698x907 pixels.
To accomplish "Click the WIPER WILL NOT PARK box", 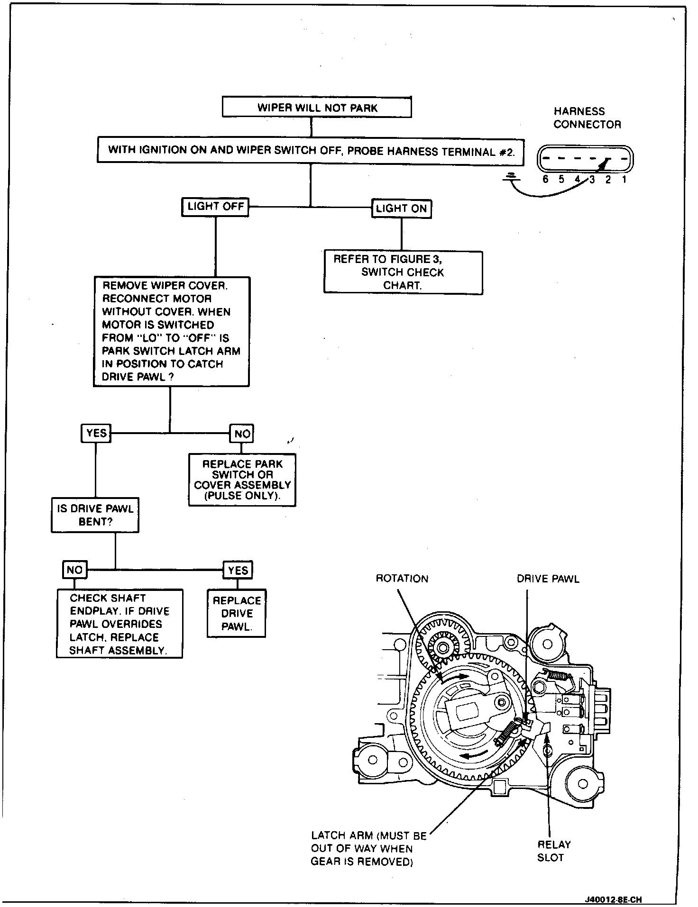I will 317,107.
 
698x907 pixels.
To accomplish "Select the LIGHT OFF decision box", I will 215,207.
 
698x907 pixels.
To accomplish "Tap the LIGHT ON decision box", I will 401,209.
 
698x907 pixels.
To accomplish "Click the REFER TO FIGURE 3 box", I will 403,272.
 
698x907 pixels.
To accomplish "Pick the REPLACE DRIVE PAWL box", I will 237,613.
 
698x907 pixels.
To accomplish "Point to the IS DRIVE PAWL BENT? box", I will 95,515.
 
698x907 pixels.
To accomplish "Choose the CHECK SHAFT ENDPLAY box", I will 119,624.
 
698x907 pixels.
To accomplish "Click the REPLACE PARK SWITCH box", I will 242,480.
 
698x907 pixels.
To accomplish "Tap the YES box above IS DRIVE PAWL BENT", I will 96,433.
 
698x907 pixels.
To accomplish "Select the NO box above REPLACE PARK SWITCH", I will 242,434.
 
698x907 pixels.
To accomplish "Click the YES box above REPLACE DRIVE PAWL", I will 238,570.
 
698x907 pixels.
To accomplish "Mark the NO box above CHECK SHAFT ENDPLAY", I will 74,570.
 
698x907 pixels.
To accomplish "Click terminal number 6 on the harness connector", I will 545,180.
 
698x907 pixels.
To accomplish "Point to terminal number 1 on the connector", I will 624,180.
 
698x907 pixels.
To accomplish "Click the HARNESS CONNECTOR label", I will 587,118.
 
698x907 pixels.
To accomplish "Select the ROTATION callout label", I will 402,579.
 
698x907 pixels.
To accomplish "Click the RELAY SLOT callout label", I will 553,851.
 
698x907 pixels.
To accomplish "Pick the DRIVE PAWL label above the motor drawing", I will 548,579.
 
